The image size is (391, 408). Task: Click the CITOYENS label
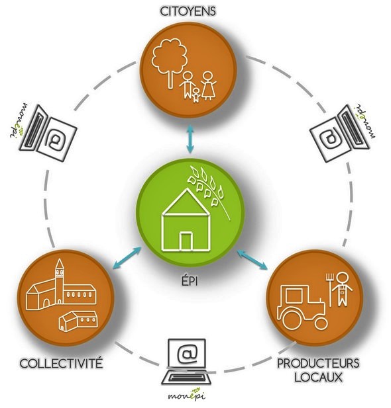tap(188, 11)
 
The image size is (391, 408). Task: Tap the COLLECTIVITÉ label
tap(62, 363)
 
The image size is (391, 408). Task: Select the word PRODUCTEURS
tap(318, 363)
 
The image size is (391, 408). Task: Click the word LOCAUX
tap(318, 377)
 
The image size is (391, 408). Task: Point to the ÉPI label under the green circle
tap(190, 281)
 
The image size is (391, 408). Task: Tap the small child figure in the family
tap(196, 95)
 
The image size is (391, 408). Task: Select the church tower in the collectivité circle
tap(60, 281)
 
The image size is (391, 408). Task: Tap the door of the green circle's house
tap(186, 241)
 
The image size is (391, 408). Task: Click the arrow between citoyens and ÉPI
tap(190, 139)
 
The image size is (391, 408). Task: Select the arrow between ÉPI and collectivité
tap(127, 257)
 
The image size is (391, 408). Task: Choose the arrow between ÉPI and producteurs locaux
tap(252, 260)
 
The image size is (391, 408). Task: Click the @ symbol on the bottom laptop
tap(187, 353)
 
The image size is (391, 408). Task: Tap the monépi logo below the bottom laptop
tap(186, 394)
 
